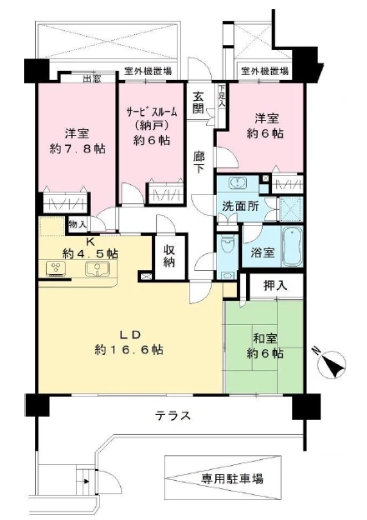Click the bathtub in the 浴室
pos(292,247)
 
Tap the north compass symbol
pos(331,364)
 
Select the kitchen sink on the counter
pos(97,269)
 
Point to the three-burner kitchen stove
pos(57,269)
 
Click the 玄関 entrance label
pos(199,102)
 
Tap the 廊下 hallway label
pos(199,162)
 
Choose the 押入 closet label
pos(275,286)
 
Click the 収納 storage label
pos(169,256)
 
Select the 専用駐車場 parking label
pos(232,478)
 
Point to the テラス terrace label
pos(173,415)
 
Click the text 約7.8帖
pos(78,148)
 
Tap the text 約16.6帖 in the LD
pos(128,349)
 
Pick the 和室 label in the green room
pos(265,339)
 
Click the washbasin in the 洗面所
pos(237,182)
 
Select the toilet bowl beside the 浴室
pos(228,245)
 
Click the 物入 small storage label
pos(78,224)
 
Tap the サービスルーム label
pos(151,112)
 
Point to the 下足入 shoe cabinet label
pos(221,96)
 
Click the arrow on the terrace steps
pos(86,481)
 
